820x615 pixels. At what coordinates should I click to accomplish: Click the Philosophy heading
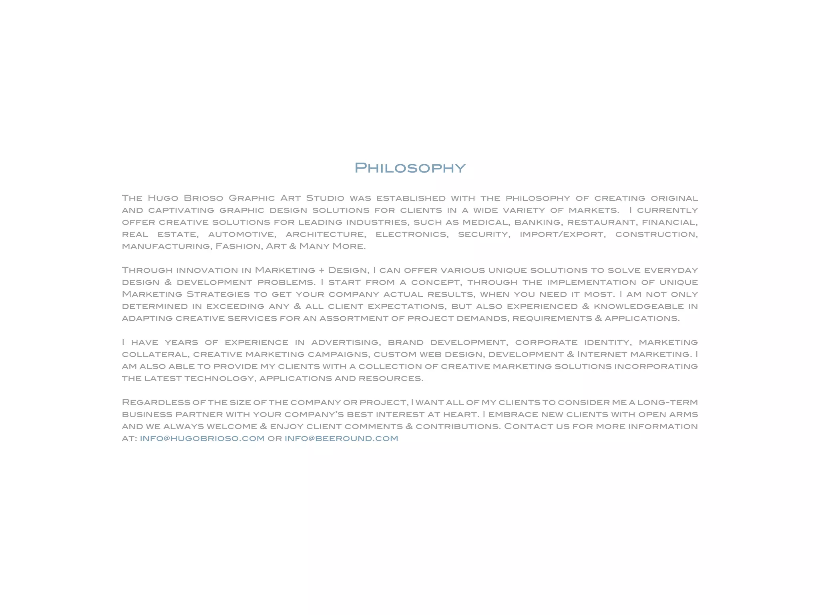(x=410, y=168)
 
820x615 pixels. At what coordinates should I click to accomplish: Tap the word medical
(x=485, y=222)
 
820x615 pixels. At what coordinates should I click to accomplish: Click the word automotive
(x=242, y=234)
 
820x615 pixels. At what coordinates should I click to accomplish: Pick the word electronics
(x=412, y=234)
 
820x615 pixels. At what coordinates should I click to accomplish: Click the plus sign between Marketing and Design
(x=322, y=270)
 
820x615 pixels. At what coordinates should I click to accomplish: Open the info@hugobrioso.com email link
(x=202, y=438)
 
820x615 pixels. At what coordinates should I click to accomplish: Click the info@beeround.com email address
(x=341, y=438)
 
